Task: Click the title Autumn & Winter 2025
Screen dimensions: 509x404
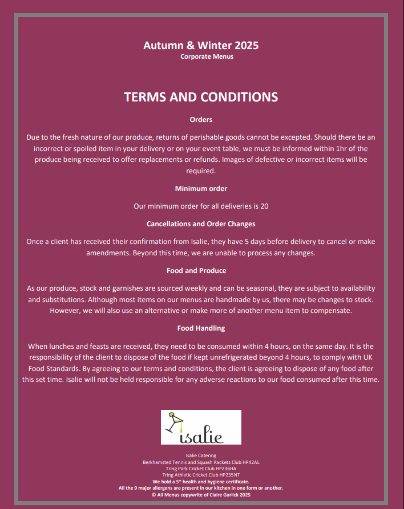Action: click(201, 46)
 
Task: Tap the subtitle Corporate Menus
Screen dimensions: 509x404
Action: click(207, 56)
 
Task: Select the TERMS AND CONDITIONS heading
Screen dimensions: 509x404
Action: click(201, 97)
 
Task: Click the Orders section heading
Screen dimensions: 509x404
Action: click(201, 120)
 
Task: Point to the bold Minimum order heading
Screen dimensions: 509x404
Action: click(201, 188)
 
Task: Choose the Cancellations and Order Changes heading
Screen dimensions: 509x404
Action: click(201, 224)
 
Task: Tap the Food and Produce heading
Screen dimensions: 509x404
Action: click(201, 270)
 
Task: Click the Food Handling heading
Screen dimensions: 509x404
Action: click(201, 328)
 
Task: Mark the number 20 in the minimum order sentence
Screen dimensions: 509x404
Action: click(264, 206)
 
